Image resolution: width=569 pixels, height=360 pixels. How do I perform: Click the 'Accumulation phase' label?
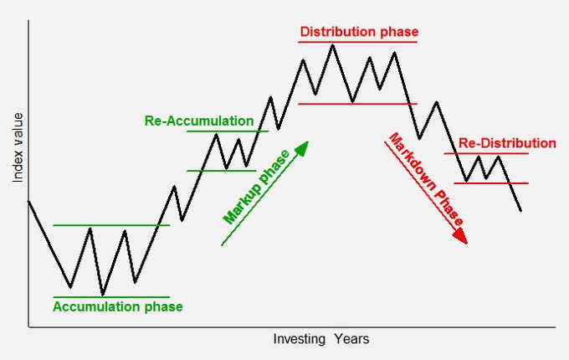(117, 306)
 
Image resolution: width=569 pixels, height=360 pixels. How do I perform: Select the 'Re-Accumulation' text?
(198, 121)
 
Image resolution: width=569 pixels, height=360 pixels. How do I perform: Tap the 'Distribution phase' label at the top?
(359, 33)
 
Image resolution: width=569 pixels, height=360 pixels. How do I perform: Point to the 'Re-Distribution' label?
(507, 143)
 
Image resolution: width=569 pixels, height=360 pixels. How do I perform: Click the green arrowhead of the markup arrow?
(302, 148)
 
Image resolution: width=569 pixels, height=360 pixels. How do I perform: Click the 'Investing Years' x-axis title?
(320, 339)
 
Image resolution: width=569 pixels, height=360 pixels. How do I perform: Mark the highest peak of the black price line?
(333, 44)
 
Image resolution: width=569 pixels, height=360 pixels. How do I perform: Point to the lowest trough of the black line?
(102, 295)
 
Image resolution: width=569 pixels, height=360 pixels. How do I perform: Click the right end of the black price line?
(521, 210)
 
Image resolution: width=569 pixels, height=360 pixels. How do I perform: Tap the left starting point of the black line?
(29, 201)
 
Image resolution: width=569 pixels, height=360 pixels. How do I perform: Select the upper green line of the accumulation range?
(110, 225)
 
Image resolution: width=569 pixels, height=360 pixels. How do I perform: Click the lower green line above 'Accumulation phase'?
(110, 297)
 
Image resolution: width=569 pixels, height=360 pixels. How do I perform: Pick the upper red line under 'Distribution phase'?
(358, 42)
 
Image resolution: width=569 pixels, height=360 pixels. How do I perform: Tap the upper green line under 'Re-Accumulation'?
(228, 131)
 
